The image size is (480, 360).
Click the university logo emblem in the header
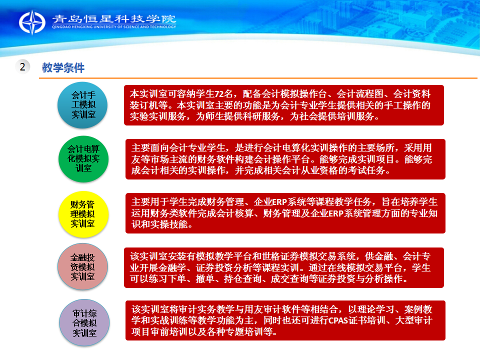tap(32, 22)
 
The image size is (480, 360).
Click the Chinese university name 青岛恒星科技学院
tap(114, 18)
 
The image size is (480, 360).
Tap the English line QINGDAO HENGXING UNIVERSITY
tap(114, 27)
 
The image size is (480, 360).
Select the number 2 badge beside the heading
tap(22, 66)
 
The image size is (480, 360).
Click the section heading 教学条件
tap(63, 67)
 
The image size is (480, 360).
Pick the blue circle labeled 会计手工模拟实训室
tap(82, 105)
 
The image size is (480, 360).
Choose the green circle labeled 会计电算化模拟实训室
tap(83, 159)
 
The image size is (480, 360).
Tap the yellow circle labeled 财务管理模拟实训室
tap(83, 214)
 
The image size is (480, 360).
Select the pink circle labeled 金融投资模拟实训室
tap(82, 266)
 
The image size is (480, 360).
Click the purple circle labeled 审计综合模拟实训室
tap(84, 322)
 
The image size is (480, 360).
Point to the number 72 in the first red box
tap(219, 93)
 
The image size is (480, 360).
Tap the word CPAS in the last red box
tap(338, 320)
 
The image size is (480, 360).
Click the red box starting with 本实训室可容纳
tap(284, 105)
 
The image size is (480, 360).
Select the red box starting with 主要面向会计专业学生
tap(285, 159)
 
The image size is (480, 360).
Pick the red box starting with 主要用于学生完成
tap(285, 213)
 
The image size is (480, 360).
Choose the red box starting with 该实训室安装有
tap(284, 268)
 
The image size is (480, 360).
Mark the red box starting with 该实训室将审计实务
tap(285, 320)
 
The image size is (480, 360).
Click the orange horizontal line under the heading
tap(258, 78)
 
